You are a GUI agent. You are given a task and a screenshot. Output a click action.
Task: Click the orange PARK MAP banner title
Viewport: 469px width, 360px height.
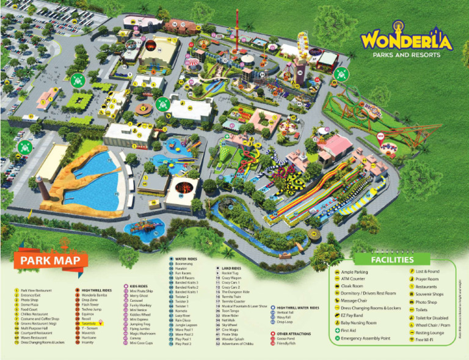pos(51,260)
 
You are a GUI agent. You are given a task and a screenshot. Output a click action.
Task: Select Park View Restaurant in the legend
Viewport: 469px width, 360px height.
pos(37,290)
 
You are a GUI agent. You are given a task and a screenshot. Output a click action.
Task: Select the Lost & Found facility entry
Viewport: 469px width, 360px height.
pos(427,271)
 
